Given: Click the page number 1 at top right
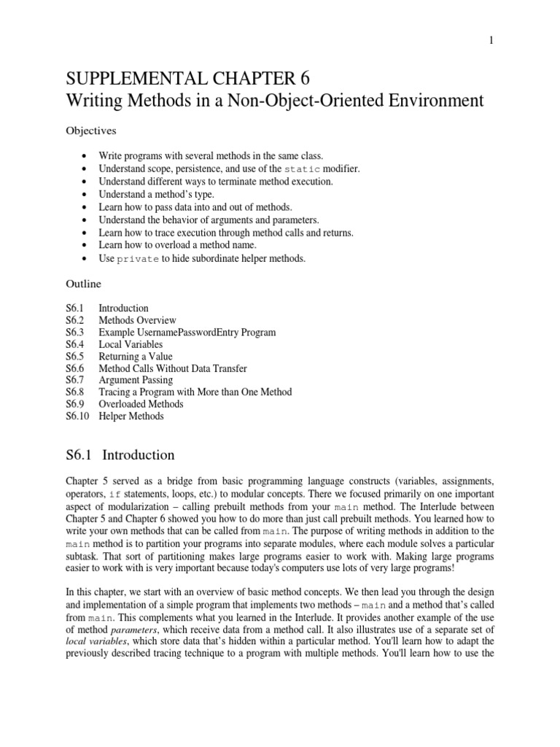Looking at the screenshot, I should point(491,41).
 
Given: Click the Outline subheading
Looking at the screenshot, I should point(82,284).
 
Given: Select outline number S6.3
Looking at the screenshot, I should point(76,332).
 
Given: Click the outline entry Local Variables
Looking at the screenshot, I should point(131,344).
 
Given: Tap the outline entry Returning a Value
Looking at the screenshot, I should point(136,356).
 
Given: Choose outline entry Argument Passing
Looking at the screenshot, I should point(136,380).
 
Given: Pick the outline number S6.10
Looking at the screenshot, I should point(78,416).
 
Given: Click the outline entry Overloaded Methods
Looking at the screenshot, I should point(141,404).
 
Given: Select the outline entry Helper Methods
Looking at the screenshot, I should point(131,416).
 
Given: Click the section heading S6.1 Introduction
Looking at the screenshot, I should point(120,455).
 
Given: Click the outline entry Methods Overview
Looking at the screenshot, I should point(137,320).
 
